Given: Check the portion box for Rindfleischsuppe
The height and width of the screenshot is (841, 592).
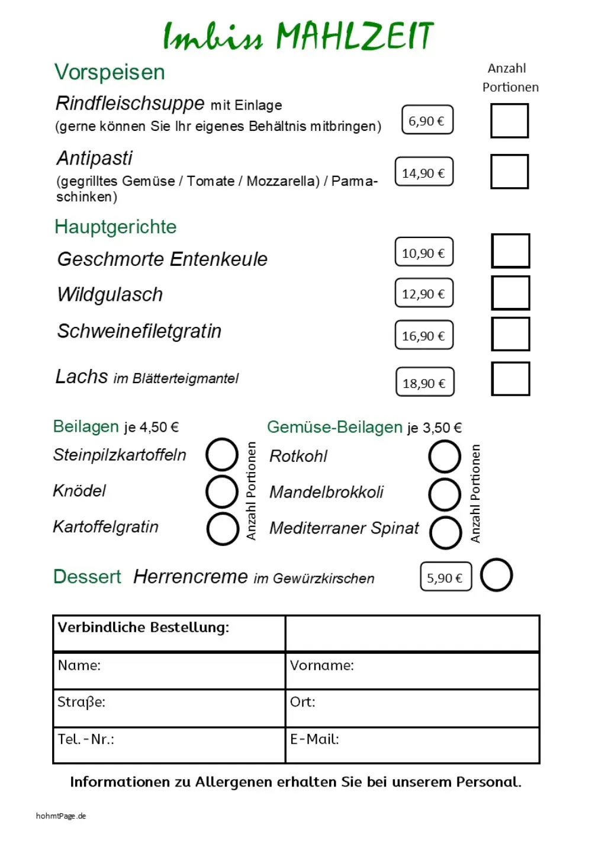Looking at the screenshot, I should pos(509,121).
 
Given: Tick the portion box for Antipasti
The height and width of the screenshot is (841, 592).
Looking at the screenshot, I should pos(509,172).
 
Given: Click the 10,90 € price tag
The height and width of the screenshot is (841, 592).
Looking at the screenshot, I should pos(424,252).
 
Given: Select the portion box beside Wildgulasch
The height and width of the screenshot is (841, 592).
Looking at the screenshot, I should pos(510,293).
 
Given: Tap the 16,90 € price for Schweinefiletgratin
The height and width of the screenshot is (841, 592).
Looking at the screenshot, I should pos(424,335).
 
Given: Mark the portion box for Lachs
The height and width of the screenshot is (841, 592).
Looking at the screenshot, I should pos(510,379).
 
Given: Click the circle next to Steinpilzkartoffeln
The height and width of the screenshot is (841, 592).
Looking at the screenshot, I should pos(222,455).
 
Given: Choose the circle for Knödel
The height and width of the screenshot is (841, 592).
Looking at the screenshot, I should pos(222,492).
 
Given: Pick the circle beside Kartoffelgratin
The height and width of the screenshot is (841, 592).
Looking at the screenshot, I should pos(223,528).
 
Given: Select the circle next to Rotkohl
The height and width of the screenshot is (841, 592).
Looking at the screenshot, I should pos(445,457).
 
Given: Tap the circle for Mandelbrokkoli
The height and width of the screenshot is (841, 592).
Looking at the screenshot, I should pos(445,495).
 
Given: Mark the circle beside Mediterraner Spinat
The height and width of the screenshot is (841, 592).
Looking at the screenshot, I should pos(446,532).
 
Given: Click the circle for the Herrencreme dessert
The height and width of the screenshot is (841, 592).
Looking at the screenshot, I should pos(496,575).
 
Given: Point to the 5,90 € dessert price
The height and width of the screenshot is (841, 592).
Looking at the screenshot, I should pos(446,577).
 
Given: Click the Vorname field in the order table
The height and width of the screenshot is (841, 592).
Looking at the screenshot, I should pos(412,671).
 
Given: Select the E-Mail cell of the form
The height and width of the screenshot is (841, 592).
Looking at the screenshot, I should pos(412,745).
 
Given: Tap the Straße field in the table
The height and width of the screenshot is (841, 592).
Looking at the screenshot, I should pos(169,708).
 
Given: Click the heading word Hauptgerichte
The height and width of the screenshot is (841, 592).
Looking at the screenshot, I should pos(115,227).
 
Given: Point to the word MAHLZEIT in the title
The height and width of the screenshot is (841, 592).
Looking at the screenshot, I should pos(355,36).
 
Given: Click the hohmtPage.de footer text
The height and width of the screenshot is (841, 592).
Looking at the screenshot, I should pos(61,816).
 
